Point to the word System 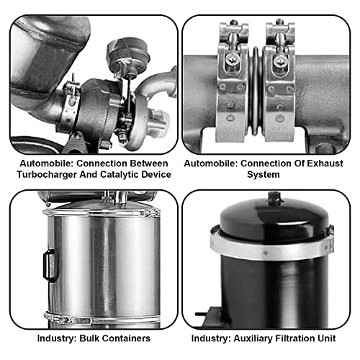coord(271,174)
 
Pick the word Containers coord(127,338)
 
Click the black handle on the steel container coord(50,264)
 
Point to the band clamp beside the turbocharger coord(73,97)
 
